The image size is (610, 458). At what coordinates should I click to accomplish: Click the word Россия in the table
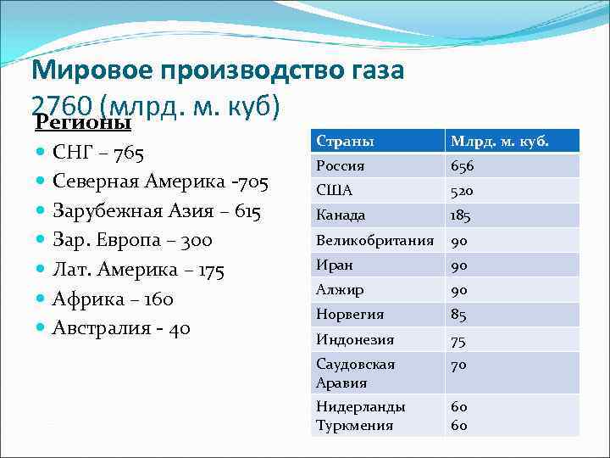[x=341, y=166]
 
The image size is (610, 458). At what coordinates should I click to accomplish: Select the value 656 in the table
[x=463, y=166]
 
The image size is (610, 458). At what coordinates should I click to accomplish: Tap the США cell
[x=335, y=191]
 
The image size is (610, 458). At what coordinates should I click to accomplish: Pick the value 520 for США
[x=463, y=191]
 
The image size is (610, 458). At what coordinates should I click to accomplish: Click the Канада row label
[x=341, y=215]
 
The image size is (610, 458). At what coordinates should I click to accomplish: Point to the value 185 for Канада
[x=461, y=215]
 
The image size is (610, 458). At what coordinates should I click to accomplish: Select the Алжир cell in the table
[x=340, y=290]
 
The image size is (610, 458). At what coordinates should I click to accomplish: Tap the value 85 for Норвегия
[x=458, y=315]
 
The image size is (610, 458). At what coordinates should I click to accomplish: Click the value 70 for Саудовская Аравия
[x=458, y=365]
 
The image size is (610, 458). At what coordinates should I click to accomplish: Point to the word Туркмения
[x=354, y=425]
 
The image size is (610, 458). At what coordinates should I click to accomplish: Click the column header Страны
[x=345, y=142]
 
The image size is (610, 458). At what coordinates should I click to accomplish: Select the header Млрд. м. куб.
[x=499, y=142]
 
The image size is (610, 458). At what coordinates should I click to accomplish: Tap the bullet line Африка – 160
[x=113, y=299]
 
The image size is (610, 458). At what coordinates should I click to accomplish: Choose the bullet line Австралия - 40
[x=121, y=327]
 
